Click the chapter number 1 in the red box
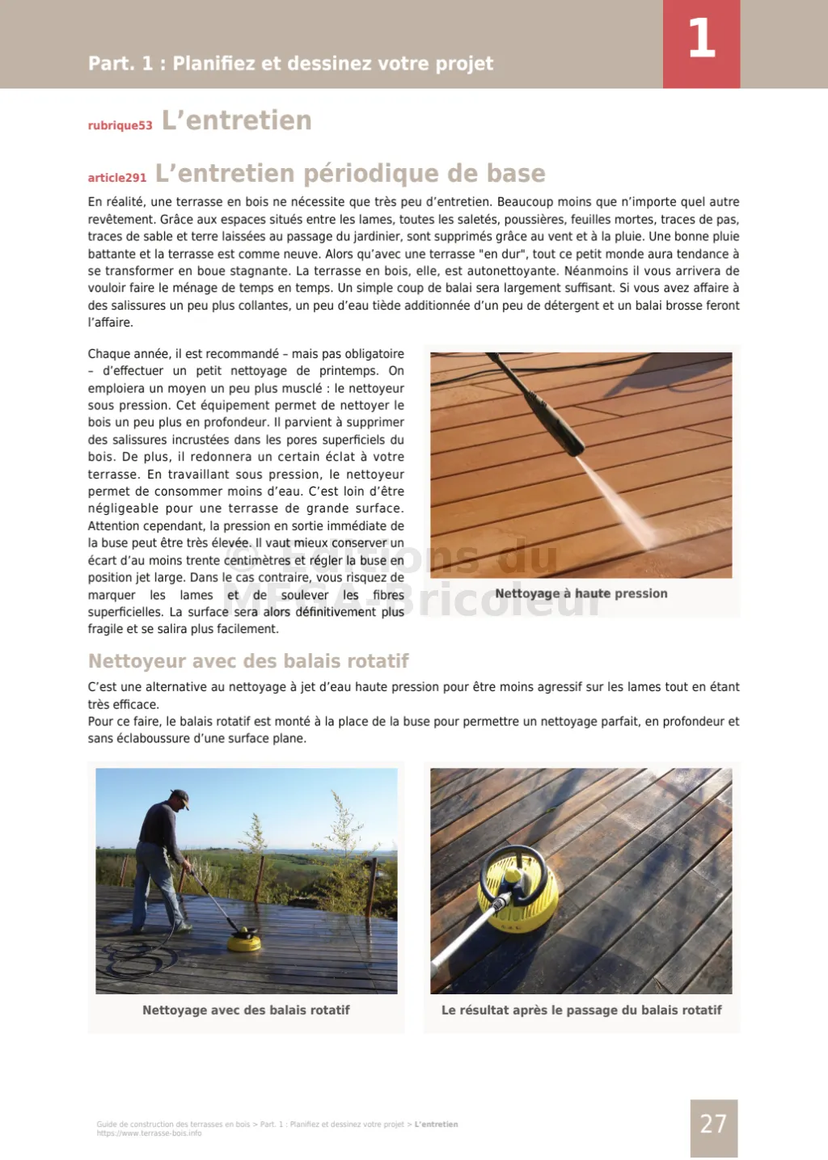point(701,40)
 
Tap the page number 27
point(713,1124)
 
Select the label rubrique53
point(120,125)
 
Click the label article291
point(117,178)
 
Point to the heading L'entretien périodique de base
point(350,173)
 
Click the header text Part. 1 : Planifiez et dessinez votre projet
point(290,63)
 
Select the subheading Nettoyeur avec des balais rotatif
point(248,661)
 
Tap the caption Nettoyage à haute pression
point(581,593)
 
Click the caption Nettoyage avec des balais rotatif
point(246,1010)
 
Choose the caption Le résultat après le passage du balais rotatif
point(581,1010)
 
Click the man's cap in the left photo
point(181,797)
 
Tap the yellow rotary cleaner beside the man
point(243,941)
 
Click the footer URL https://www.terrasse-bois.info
point(149,1133)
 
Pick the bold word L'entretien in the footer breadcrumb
point(436,1124)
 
